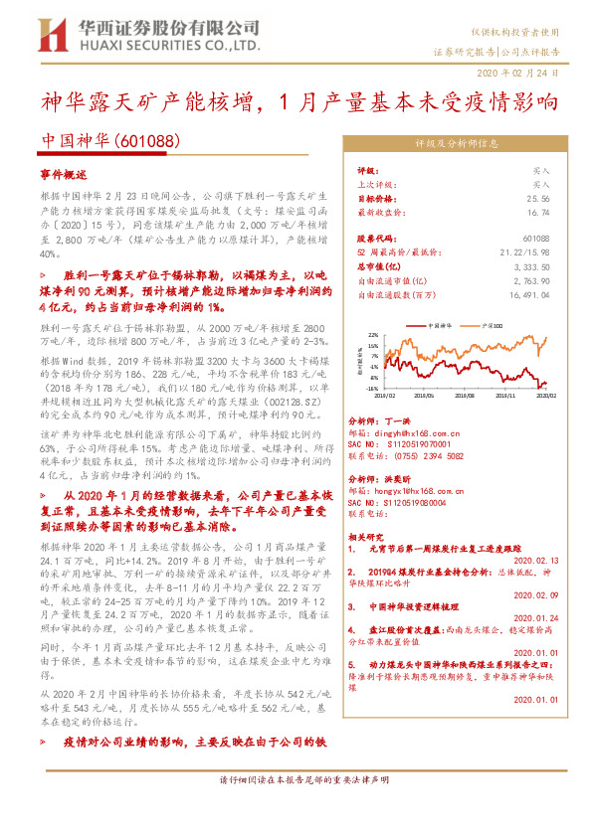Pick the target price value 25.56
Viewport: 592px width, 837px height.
(536, 198)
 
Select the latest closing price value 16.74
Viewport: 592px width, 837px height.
(536, 212)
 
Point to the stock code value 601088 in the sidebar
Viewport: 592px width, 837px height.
(535, 240)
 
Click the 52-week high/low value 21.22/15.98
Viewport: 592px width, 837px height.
(526, 253)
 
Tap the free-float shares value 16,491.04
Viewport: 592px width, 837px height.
(527, 295)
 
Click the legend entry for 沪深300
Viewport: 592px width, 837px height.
(488, 325)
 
